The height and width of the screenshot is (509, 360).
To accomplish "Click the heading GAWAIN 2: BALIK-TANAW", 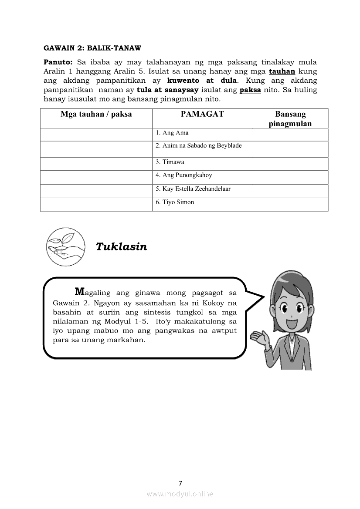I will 92,47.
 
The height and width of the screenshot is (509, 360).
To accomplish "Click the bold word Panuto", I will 57,62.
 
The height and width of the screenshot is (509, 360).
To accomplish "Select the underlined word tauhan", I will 282,71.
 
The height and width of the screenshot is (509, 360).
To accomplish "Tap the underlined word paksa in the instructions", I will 250,90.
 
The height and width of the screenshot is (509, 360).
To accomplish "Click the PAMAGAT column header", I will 202,114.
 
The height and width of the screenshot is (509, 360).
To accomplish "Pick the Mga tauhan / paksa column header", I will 96,114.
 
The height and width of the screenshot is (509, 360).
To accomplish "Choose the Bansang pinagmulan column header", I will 290,119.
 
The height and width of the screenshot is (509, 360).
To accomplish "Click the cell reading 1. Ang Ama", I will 172,133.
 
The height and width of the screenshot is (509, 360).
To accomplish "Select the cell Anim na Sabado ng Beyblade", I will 199,145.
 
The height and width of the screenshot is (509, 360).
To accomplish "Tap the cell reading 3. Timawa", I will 170,162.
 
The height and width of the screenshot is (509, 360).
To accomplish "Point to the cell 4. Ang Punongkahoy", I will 184,175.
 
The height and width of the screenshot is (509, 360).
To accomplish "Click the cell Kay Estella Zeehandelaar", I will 193,189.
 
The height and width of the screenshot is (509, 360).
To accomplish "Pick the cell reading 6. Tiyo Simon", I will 175,202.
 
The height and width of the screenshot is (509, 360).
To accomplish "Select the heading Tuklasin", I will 122,247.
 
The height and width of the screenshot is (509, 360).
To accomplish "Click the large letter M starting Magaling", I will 79,291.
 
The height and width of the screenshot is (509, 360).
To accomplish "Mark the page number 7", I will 180,483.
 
